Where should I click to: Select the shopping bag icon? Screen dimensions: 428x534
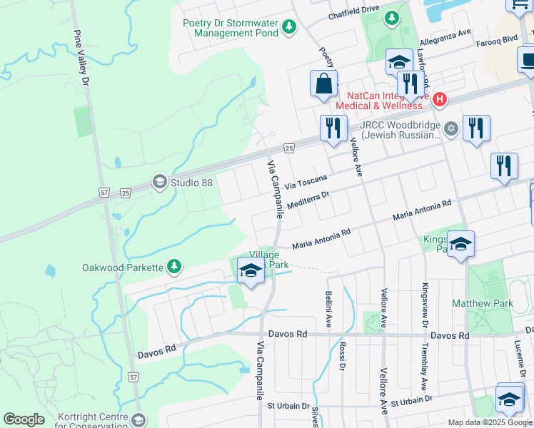coord(324,84)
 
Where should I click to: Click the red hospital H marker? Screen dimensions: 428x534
coord(440,100)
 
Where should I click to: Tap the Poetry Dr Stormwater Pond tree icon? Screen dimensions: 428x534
coord(288,28)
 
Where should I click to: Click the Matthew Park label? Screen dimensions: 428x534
coord(482,303)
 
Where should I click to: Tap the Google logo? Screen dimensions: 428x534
coord(24,419)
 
